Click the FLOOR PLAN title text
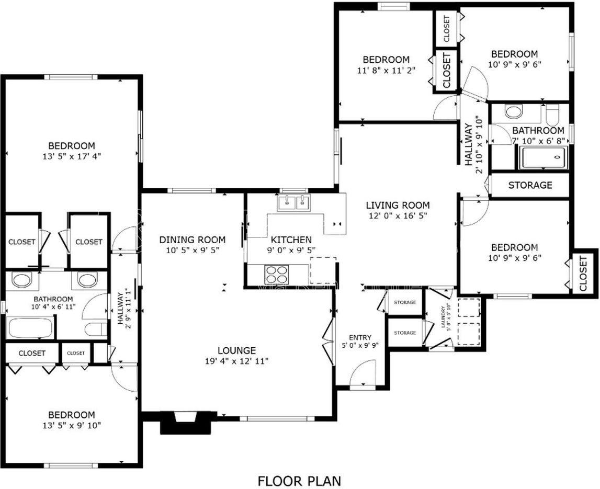299,481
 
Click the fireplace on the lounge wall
186,423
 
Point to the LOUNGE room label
236,350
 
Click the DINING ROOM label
192,240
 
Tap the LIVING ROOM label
398,205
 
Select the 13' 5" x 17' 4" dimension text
72,156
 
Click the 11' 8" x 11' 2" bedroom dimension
386,70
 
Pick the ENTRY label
360,337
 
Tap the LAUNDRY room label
444,316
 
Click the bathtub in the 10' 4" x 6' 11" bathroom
30,328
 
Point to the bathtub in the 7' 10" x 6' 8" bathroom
544,157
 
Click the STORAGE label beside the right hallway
530,185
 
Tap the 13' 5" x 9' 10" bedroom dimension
72,425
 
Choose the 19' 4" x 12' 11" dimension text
236,360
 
